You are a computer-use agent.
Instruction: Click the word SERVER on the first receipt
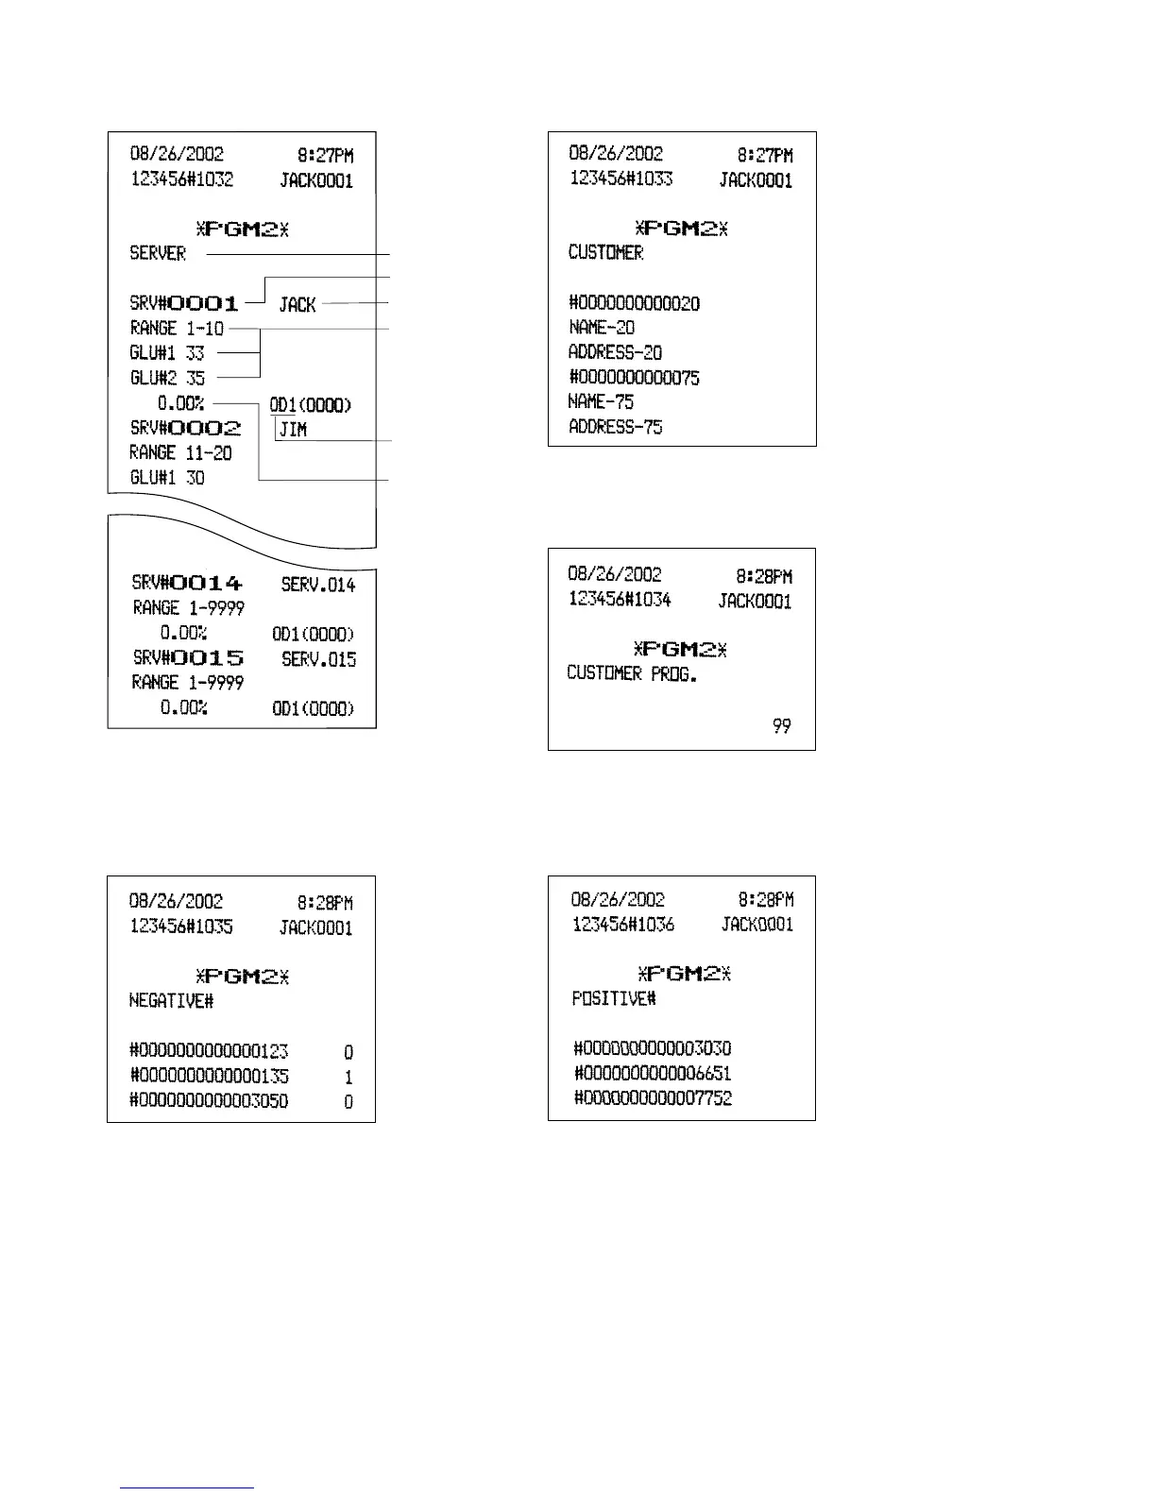click(158, 253)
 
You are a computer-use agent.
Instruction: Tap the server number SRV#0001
click(184, 303)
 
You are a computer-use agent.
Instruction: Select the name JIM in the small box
click(293, 430)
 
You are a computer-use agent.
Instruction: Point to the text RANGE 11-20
click(180, 452)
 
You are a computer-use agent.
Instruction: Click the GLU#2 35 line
click(167, 378)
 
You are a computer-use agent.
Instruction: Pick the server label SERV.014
click(318, 585)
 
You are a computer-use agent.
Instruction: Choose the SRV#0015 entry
click(187, 658)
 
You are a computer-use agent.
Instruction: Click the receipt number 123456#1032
click(181, 179)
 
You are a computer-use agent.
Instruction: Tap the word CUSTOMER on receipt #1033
click(605, 252)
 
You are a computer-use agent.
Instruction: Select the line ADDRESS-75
click(615, 427)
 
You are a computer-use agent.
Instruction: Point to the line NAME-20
click(602, 328)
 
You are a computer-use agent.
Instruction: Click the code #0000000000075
click(634, 378)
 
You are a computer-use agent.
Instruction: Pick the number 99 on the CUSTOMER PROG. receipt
click(781, 725)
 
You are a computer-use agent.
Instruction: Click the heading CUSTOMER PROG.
click(632, 673)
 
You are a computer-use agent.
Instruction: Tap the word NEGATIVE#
click(171, 1000)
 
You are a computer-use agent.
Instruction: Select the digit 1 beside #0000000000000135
click(348, 1077)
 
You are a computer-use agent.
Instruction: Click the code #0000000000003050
click(209, 1101)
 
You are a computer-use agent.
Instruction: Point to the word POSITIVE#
click(614, 998)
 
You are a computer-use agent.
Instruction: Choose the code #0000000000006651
click(653, 1073)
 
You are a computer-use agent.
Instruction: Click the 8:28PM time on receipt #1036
click(765, 900)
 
